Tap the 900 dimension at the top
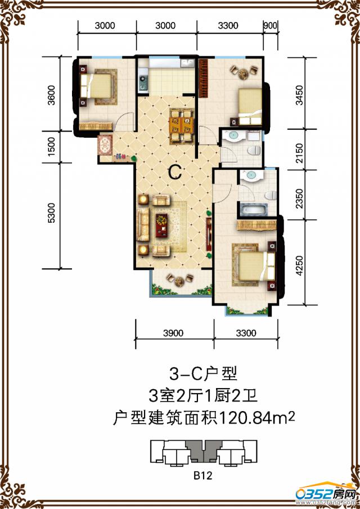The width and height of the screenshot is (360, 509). (x=269, y=25)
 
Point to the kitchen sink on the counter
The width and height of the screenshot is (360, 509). (x=142, y=84)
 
